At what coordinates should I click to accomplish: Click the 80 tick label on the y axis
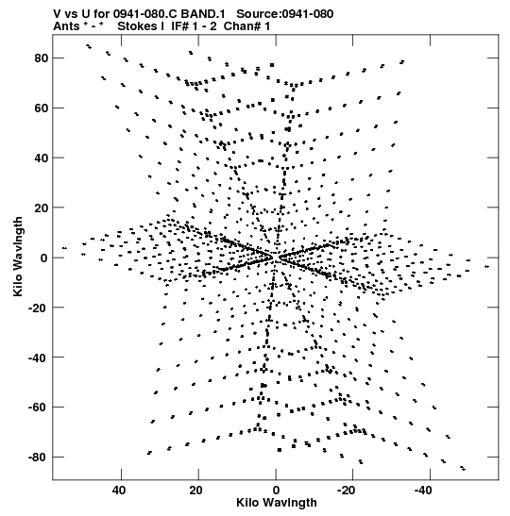pos(42,58)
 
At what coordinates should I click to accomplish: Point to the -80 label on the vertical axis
pos(38,458)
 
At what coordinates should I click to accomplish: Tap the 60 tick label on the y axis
pos(42,108)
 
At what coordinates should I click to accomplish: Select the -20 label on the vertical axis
pos(38,308)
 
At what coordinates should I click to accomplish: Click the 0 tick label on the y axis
pos(44,258)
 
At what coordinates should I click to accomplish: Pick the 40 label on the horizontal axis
pos(119,491)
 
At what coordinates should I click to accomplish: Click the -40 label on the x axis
pos(423,491)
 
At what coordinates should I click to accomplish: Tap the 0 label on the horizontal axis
pos(276,491)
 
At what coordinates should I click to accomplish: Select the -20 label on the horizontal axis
pos(346,491)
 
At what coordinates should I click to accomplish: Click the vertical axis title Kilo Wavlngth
pos(18,257)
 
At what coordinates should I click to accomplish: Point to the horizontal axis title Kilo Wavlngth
pos(277,503)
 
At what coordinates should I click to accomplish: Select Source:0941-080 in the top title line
pos(285,14)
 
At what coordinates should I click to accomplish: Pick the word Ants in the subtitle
pos(66,26)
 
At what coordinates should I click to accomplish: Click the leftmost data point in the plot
pos(64,248)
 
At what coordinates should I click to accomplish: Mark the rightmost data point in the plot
pos(487,267)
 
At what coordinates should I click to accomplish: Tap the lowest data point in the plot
pos(464,469)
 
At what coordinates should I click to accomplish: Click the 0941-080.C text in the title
pos(145,14)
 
